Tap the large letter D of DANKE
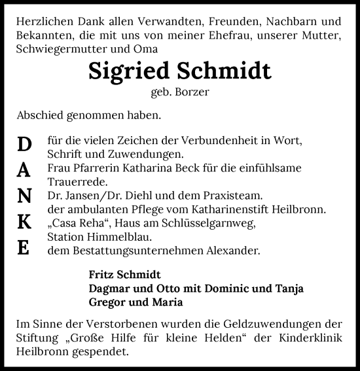[x=24, y=144]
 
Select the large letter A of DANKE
[x=24, y=170]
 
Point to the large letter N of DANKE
[x=24, y=196]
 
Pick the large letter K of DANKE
[x=24, y=222]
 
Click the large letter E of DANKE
[x=24, y=249]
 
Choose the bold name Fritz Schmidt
[x=124, y=274]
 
